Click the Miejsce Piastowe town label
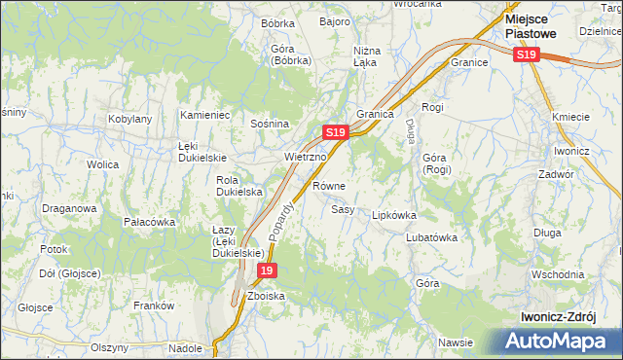531,25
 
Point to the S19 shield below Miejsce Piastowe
526,56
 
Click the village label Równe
329,185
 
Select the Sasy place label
342,209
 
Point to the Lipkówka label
394,216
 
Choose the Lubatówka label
431,237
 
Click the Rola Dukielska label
239,186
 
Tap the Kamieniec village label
204,115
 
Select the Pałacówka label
149,222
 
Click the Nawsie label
456,342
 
